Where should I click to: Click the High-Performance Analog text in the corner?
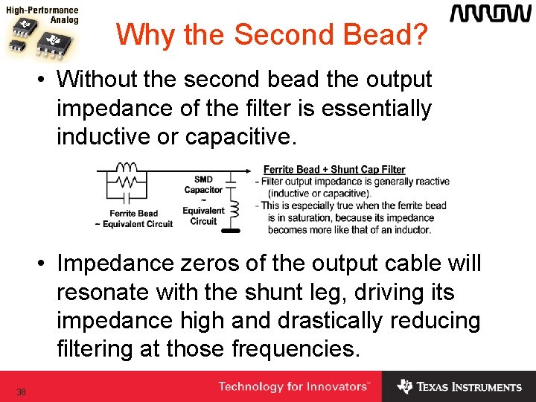click(x=43, y=16)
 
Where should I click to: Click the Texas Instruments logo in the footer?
click(x=459, y=387)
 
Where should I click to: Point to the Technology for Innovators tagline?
click(x=293, y=387)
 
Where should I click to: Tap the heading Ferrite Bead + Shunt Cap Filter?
click(x=334, y=170)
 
